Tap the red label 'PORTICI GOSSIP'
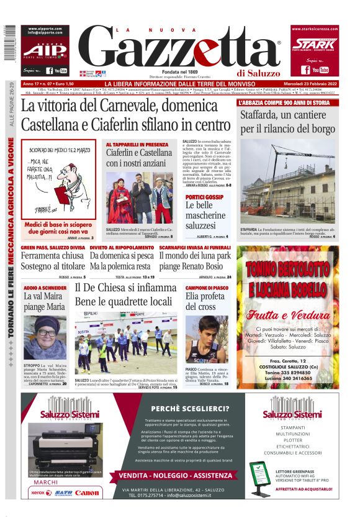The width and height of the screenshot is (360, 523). [205, 197]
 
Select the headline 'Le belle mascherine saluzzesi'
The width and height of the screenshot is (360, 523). [208, 216]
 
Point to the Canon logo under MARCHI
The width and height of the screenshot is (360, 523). [86, 492]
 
